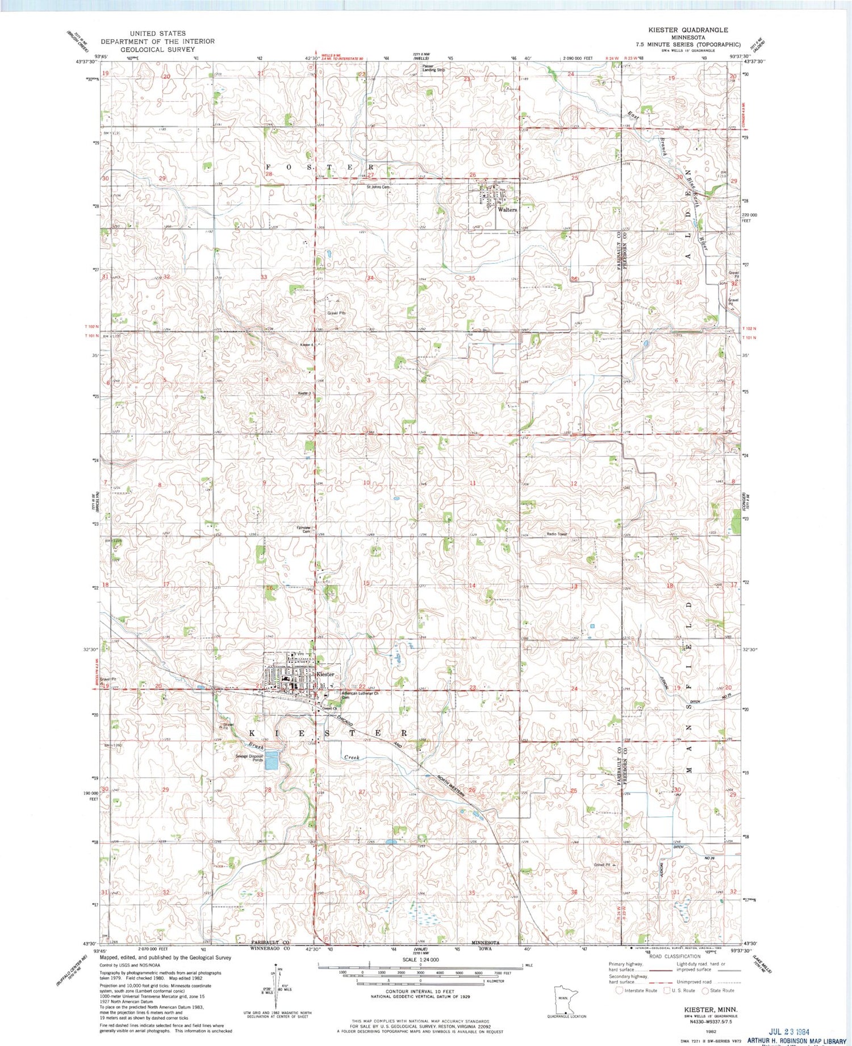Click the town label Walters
tap(507, 210)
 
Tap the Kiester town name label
tap(325, 674)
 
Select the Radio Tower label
tap(557, 534)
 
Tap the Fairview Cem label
tap(304, 529)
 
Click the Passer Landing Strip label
tap(433, 68)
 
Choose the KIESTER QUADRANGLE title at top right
tap(688, 30)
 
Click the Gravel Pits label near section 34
tap(336, 313)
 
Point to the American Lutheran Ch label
tap(360, 694)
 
